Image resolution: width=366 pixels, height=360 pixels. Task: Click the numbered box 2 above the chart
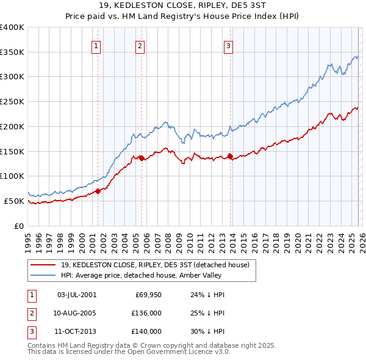[x=140, y=46]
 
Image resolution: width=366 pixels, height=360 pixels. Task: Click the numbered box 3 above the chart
[x=228, y=46]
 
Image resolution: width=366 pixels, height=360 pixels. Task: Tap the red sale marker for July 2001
[x=98, y=191]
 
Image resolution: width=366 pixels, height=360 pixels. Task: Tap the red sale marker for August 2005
[x=142, y=158]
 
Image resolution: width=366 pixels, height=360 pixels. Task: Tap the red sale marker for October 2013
[x=230, y=156]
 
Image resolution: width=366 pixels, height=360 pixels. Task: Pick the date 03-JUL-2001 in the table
[x=76, y=295]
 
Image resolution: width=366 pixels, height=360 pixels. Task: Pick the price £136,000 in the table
[x=146, y=313]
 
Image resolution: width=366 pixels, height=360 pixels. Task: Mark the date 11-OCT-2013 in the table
[x=76, y=331]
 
